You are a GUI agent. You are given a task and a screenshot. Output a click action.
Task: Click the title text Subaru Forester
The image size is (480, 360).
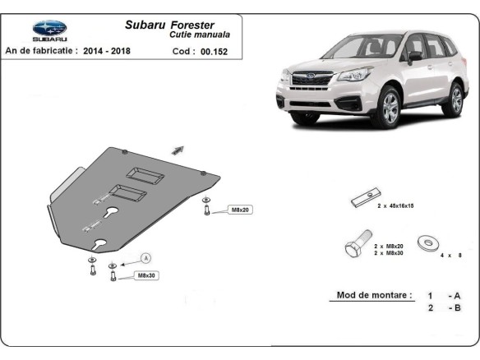coord(169,25)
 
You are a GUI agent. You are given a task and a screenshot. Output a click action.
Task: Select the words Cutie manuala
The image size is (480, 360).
coord(200,35)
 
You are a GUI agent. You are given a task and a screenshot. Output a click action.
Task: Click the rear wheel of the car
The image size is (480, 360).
coord(454,100)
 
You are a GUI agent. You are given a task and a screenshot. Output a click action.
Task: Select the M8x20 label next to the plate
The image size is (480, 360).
coord(239,210)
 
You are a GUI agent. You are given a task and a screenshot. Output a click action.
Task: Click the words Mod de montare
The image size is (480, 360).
coord(375,294)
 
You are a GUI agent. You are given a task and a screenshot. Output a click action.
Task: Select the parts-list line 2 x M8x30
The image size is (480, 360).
coord(388,253)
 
